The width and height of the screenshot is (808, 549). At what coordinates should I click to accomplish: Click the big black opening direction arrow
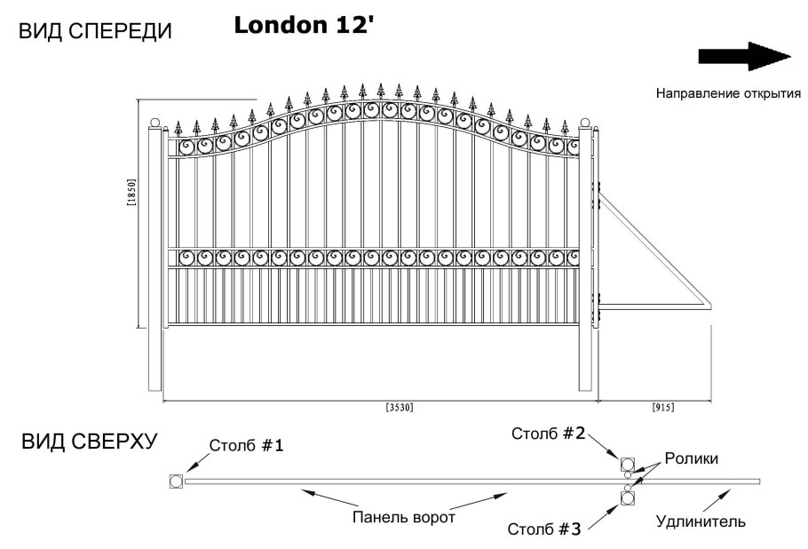[x=744, y=57]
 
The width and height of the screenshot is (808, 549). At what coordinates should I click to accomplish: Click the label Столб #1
[x=247, y=445]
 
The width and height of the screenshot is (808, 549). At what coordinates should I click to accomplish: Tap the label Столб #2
[x=548, y=434]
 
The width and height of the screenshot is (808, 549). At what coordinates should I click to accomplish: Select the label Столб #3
[x=544, y=529]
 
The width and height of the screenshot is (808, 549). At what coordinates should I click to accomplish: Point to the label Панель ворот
[x=403, y=518]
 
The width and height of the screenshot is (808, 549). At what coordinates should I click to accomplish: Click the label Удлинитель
[x=701, y=521]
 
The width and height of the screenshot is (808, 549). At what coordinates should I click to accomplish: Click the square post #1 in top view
[x=175, y=481]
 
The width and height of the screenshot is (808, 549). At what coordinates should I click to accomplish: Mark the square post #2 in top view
[x=628, y=465]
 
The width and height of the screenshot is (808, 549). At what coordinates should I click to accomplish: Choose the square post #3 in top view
[x=628, y=498]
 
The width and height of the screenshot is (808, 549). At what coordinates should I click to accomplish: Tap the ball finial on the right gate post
[x=585, y=123]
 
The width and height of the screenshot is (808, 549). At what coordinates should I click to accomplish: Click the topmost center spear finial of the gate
[x=380, y=91]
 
